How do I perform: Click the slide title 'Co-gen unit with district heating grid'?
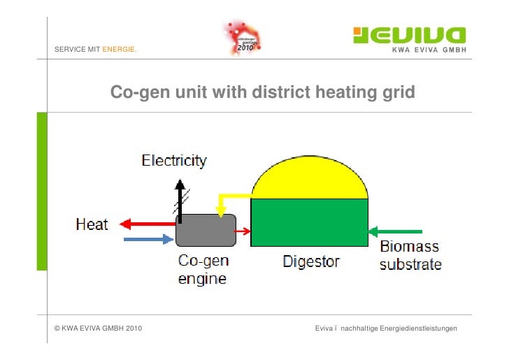(x=262, y=92)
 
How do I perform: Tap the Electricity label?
(x=174, y=161)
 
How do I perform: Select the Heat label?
(x=92, y=224)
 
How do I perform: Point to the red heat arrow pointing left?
(x=147, y=224)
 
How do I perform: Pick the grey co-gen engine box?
(x=205, y=230)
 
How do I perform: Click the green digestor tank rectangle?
(x=309, y=222)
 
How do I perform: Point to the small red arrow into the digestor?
(x=242, y=231)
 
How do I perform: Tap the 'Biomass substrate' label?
(x=410, y=256)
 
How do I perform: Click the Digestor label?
(x=311, y=261)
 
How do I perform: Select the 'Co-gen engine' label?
(x=203, y=270)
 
